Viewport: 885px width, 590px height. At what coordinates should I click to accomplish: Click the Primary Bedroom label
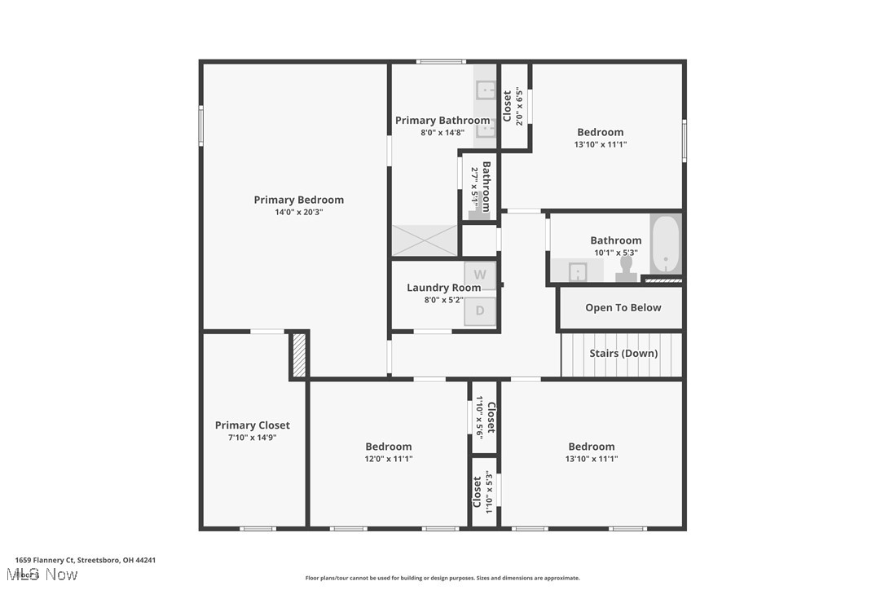298,200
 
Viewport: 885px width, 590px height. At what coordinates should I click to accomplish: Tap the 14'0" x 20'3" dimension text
298,212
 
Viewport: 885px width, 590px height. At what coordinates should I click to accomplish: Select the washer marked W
480,275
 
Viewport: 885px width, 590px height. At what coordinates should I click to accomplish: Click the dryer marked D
480,310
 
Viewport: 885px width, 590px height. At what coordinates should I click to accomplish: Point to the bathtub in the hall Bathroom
665,244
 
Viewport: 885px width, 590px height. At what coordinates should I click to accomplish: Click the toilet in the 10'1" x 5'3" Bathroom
626,269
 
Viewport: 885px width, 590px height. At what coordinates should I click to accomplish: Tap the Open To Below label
623,307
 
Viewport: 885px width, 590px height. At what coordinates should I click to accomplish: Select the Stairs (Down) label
623,354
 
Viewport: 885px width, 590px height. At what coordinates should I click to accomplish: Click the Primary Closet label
252,425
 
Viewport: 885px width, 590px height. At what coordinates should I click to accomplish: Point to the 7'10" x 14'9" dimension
252,438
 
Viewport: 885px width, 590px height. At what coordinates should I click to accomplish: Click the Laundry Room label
443,288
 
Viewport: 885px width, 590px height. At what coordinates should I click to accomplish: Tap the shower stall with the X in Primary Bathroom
425,240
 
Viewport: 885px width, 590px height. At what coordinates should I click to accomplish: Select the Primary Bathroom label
442,121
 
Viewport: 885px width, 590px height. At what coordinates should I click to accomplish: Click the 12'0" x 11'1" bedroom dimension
388,459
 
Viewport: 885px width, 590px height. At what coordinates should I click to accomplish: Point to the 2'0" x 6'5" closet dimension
519,107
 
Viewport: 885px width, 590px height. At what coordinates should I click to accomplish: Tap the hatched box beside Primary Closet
299,355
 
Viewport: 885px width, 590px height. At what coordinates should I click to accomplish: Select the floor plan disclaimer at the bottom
442,578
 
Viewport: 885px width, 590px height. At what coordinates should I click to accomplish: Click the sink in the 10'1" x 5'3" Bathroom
578,271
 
